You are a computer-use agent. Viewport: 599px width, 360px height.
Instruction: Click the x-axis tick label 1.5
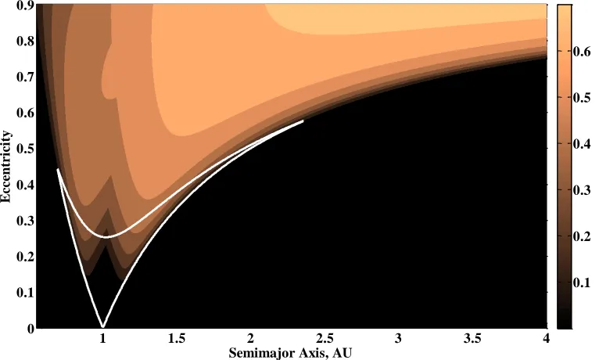click(x=177, y=338)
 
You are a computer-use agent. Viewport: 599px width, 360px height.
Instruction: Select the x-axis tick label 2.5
click(x=325, y=338)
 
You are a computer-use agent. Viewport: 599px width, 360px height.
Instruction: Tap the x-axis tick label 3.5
click(x=472, y=338)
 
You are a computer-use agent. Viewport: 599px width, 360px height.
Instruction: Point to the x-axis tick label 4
click(x=547, y=338)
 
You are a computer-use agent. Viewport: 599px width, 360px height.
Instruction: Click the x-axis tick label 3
click(x=399, y=338)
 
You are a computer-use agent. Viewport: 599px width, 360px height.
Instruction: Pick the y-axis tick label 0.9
click(x=25, y=5)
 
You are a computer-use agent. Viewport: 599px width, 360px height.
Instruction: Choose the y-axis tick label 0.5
click(x=25, y=149)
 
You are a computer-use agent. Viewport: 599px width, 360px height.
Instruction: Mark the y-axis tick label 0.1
click(x=25, y=293)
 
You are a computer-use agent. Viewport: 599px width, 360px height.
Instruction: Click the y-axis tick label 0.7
click(x=25, y=77)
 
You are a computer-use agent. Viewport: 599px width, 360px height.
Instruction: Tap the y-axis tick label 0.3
click(x=25, y=221)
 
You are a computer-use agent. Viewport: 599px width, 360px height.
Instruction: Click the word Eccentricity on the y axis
click(x=6, y=166)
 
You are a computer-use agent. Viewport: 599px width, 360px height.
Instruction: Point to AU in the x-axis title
click(x=342, y=352)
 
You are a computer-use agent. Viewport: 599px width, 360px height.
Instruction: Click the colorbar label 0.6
click(x=582, y=52)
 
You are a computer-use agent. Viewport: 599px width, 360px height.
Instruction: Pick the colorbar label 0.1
click(x=582, y=283)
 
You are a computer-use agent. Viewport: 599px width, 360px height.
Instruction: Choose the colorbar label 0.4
click(x=582, y=144)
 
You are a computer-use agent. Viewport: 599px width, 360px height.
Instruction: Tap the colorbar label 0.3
click(x=582, y=190)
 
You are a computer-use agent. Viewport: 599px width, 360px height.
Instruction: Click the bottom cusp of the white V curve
click(x=102, y=326)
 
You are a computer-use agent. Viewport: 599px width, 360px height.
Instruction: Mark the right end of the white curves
click(x=303, y=121)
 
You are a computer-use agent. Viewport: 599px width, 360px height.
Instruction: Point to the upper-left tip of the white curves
click(x=58, y=169)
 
